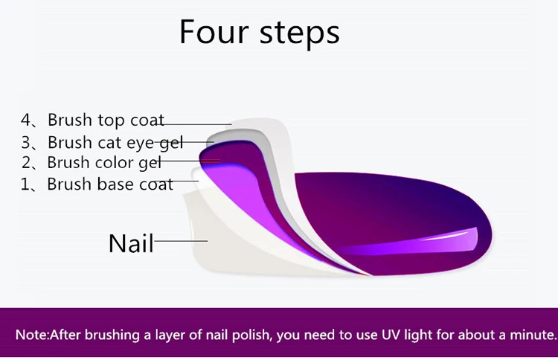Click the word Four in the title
pos(214,32)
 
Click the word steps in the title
pos(300,34)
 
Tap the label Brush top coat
pos(106,120)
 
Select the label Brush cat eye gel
pos(115,143)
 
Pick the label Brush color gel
pos(104,163)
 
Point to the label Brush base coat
pos(110,184)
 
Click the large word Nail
pos(131,243)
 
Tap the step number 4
pos(26,120)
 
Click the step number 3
pos(26,143)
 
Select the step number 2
pos(26,163)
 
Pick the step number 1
pos(25,184)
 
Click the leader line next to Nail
pos(181,241)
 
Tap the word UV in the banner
pos(390,335)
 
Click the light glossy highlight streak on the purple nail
pos(409,242)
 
